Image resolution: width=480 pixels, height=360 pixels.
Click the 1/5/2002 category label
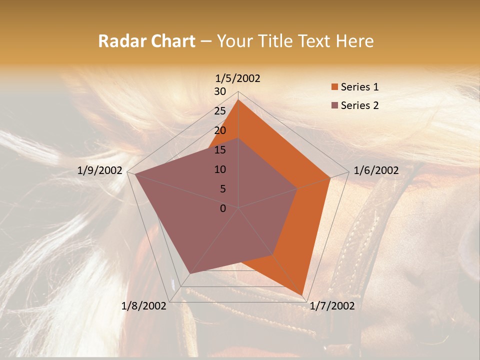tap(237, 78)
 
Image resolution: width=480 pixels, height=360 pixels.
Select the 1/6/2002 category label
tap(376, 170)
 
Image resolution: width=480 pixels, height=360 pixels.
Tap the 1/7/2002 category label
tap(332, 306)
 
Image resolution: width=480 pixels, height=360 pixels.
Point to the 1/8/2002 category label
tap(144, 306)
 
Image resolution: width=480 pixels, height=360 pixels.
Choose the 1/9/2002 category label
tap(100, 170)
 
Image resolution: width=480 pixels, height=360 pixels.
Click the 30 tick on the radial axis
tap(220, 91)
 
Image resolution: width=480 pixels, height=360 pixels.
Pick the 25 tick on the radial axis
tap(220, 111)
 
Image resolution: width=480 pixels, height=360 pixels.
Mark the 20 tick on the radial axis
tap(220, 130)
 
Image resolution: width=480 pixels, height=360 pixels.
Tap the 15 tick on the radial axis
tap(220, 150)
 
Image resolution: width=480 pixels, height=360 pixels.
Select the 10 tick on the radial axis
tap(220, 169)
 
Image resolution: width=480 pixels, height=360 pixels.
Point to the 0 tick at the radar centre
tap(223, 208)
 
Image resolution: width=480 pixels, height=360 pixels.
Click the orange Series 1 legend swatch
tap(335, 87)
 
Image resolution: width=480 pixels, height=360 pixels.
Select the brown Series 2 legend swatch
tap(335, 105)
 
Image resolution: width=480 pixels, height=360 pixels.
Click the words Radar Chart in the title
tap(146, 41)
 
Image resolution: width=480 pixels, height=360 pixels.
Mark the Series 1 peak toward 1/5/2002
tap(238, 100)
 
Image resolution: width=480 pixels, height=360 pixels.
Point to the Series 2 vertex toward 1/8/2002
tap(189, 274)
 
